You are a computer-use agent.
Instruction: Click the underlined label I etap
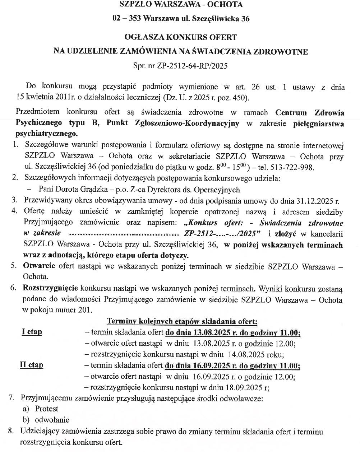[32, 332]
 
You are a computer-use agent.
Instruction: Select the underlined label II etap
[31, 365]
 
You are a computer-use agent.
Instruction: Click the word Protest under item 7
[46, 409]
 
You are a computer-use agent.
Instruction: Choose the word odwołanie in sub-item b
[52, 420]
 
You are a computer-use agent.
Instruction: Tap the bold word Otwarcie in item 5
[39, 266]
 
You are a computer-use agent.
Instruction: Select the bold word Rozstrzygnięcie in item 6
[50, 288]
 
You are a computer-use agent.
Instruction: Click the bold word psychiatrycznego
[46, 134]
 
